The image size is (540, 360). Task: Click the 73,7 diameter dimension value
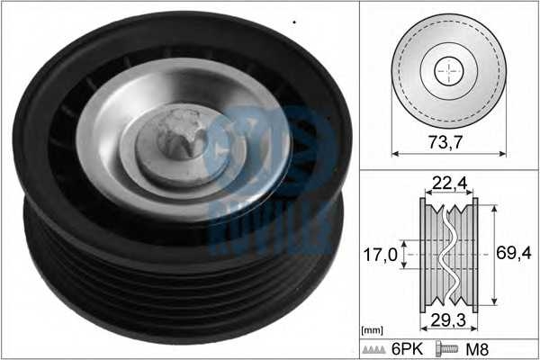[445, 142]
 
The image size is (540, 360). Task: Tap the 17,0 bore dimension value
[381, 255]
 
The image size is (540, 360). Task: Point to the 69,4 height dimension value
[514, 253]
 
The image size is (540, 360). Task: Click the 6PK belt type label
[407, 349]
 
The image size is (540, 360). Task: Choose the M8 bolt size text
[477, 349]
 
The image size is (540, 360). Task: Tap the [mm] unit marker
[372, 331]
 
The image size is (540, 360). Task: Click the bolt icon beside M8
[447, 348]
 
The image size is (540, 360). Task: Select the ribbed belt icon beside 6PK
[374, 349]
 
